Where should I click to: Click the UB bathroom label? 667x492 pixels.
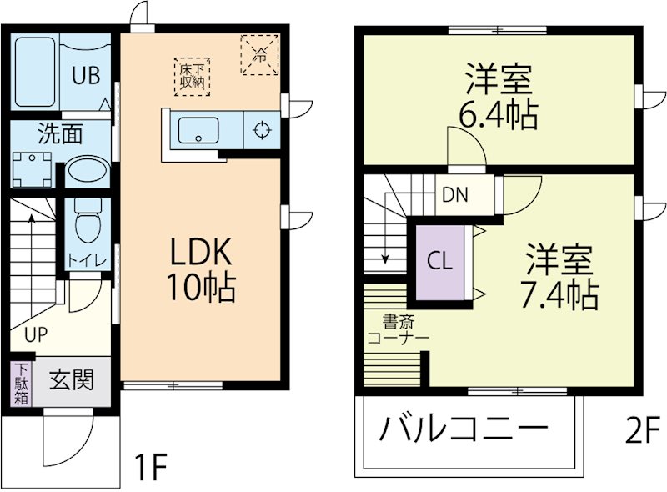(x=85, y=74)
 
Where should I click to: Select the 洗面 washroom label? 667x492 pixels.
(x=58, y=132)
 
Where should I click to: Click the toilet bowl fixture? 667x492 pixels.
(x=86, y=223)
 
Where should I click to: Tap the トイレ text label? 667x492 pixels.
(x=87, y=260)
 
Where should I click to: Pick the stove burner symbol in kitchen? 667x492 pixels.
(x=261, y=130)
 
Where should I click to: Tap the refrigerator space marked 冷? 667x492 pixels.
(x=259, y=54)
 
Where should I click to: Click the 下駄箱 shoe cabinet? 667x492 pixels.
(x=21, y=384)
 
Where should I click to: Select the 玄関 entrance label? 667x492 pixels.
(x=70, y=380)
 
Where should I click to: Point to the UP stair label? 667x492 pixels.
(x=35, y=336)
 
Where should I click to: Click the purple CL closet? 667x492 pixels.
(x=440, y=261)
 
